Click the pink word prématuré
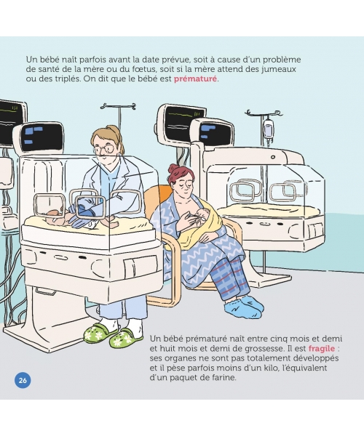click(x=195, y=79)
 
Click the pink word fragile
click(x=321, y=348)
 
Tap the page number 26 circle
click(x=23, y=380)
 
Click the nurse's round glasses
click(x=105, y=150)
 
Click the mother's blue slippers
click(x=245, y=306)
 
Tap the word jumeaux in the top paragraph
click(x=279, y=70)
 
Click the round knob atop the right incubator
click(x=273, y=157)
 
